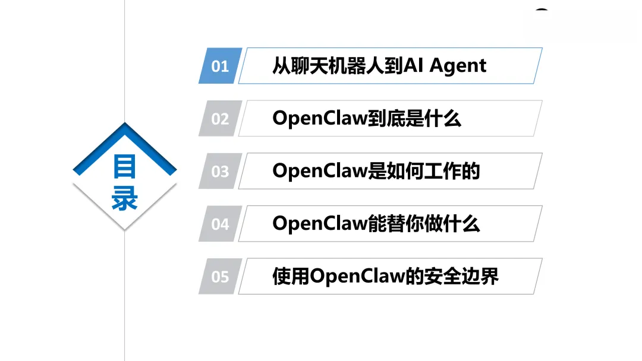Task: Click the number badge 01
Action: [x=220, y=66]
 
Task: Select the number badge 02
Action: [x=220, y=119]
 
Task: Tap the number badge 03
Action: [x=220, y=172]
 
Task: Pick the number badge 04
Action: [x=220, y=224]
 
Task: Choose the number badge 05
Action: [x=220, y=277]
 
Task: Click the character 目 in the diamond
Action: [x=125, y=167]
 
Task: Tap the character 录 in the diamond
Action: [x=125, y=199]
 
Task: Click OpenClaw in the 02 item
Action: [x=318, y=119]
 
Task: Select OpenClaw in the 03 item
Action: [x=318, y=172]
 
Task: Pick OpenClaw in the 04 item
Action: [x=318, y=224]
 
